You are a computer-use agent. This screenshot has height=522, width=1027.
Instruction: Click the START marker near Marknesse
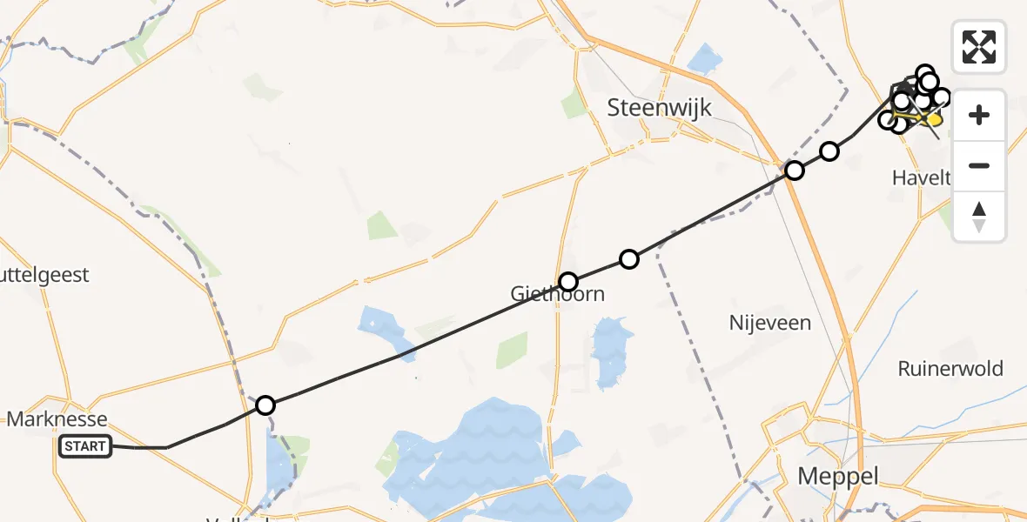pyautogui.click(x=85, y=447)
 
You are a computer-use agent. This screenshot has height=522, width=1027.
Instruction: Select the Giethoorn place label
pyautogui.click(x=557, y=294)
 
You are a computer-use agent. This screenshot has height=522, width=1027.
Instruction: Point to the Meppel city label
pyautogui.click(x=838, y=476)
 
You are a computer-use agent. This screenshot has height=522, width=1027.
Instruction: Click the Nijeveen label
pyautogui.click(x=769, y=323)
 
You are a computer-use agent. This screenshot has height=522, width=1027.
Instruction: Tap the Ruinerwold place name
pyautogui.click(x=950, y=368)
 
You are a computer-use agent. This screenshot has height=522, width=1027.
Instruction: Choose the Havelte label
pyautogui.click(x=919, y=178)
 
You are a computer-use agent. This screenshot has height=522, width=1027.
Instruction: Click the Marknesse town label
pyautogui.click(x=57, y=419)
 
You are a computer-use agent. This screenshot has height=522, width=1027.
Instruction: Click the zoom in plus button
pyautogui.click(x=979, y=115)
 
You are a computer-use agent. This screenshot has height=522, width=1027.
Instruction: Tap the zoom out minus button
pyautogui.click(x=979, y=165)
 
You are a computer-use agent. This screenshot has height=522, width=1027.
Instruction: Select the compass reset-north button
pyautogui.click(x=979, y=216)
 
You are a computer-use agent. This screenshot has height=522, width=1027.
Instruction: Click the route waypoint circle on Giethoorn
pyautogui.click(x=568, y=282)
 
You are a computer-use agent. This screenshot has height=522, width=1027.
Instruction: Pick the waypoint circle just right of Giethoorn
pyautogui.click(x=629, y=258)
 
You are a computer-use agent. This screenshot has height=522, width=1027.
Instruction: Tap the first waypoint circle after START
pyautogui.click(x=265, y=405)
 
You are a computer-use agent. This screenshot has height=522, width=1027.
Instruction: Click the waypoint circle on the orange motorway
pyautogui.click(x=794, y=171)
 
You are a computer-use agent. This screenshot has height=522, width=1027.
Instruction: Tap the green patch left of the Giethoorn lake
pyautogui.click(x=512, y=350)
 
